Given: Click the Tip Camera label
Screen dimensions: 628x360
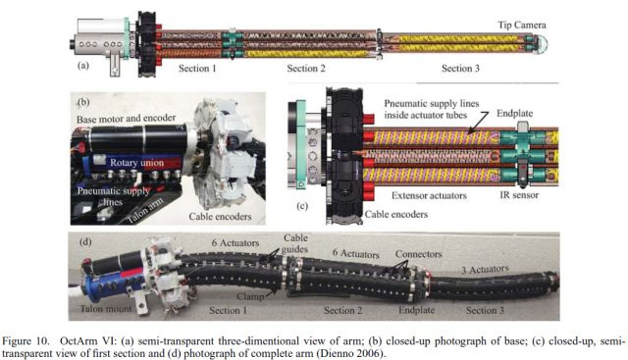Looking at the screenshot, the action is [x=521, y=25].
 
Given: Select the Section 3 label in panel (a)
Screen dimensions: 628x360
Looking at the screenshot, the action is [x=460, y=68].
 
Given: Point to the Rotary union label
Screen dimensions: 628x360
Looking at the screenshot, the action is [x=136, y=163].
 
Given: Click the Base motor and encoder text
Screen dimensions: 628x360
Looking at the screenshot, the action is [x=126, y=119].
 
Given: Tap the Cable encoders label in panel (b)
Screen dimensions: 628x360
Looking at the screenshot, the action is [x=220, y=216].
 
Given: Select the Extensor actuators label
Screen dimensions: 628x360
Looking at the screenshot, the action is [x=429, y=195].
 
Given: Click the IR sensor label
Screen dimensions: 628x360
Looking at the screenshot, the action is [x=519, y=195].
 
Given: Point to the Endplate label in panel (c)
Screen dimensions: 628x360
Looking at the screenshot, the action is [x=514, y=114].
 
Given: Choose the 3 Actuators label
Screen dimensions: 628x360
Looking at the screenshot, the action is [x=485, y=269].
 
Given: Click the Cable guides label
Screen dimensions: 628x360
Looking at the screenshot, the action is [x=294, y=243].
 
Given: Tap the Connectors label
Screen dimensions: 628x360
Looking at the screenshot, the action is [x=419, y=254].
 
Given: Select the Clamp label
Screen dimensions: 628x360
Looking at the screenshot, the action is [x=249, y=296].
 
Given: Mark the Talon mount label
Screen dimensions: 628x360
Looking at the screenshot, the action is [x=106, y=308].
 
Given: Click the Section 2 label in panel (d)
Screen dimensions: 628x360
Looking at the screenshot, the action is [x=342, y=310].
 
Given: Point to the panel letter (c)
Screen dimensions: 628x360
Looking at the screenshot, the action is [x=302, y=206].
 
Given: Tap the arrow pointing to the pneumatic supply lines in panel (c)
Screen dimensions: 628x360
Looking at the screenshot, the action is [x=478, y=123].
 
